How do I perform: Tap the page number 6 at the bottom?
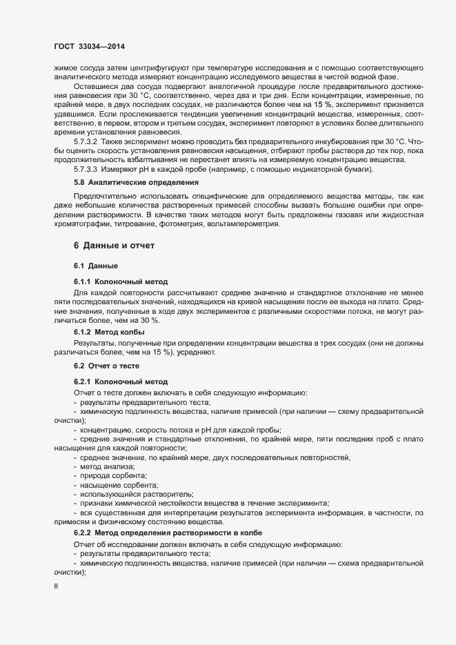pyautogui.click(x=55, y=586)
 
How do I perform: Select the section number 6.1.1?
pyautogui.click(x=82, y=282)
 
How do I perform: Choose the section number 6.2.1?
pyautogui.click(x=82, y=381)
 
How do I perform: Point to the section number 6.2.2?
pyautogui.click(x=82, y=535)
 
